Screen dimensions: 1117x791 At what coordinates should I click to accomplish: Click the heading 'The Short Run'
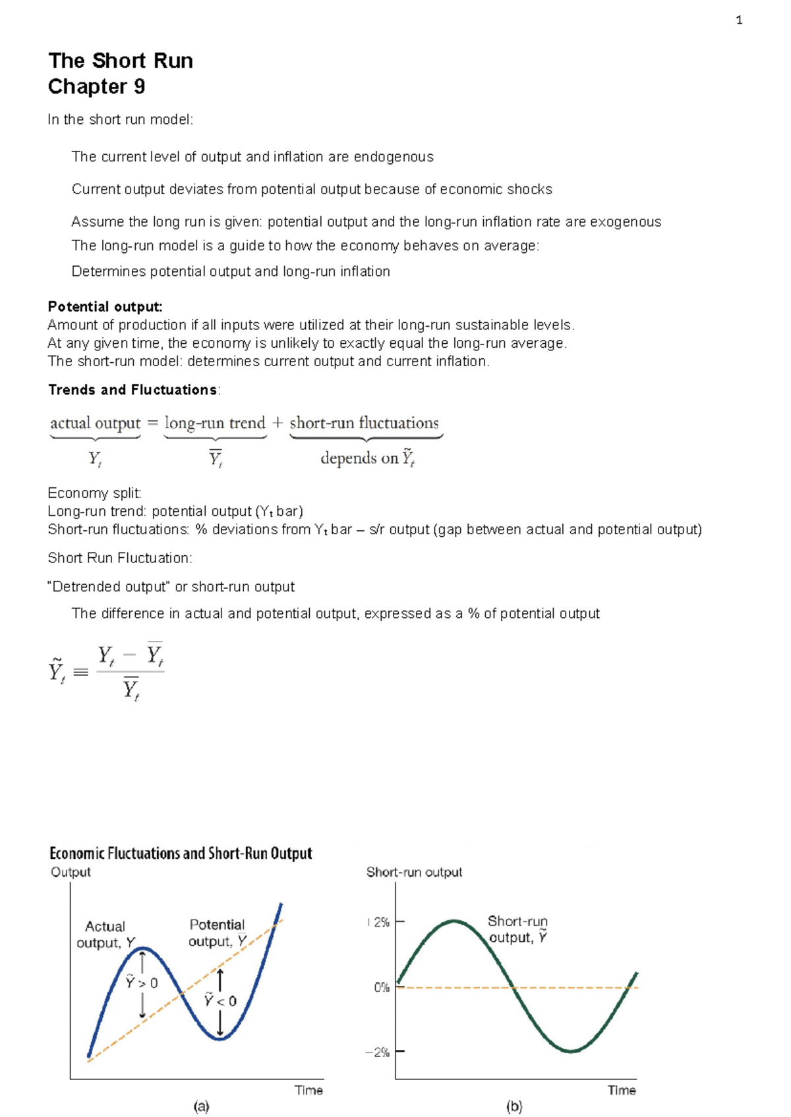click(x=121, y=61)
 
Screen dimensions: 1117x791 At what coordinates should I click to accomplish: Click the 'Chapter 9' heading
click(x=96, y=86)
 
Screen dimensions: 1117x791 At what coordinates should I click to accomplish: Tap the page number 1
click(x=739, y=20)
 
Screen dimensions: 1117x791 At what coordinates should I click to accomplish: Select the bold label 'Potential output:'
click(x=105, y=306)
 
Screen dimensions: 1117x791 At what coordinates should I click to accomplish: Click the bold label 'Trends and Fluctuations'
click(x=132, y=390)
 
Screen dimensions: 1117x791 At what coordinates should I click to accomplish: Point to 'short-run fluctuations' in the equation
click(x=364, y=423)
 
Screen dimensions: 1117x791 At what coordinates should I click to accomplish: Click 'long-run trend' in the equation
click(x=215, y=423)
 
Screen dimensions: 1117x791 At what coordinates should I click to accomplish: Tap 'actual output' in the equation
click(x=96, y=423)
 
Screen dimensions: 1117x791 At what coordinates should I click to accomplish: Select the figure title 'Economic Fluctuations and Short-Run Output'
click(x=181, y=854)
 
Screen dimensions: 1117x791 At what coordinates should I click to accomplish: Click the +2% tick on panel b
click(x=381, y=923)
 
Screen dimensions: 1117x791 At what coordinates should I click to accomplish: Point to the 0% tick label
click(x=382, y=987)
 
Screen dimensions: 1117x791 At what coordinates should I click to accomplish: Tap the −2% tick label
click(x=378, y=1052)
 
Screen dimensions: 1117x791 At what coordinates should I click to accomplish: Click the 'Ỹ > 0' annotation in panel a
click(x=142, y=982)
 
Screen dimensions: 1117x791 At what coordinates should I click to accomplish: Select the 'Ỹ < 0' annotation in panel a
click(x=220, y=1000)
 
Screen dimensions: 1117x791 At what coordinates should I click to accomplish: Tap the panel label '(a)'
click(x=201, y=1106)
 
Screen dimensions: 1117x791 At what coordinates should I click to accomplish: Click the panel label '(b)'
click(x=514, y=1106)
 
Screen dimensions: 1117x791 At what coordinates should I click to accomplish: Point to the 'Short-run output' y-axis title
click(x=414, y=872)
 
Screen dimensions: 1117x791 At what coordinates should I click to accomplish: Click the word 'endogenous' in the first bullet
click(x=394, y=157)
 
